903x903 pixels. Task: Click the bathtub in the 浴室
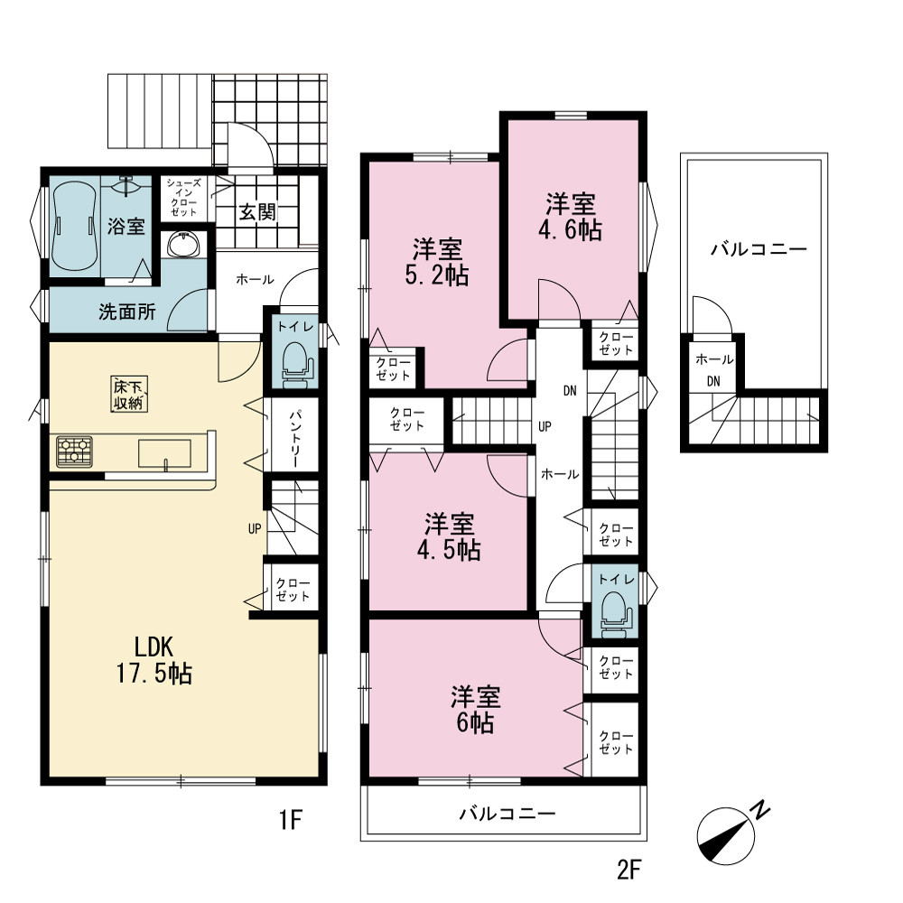(x=74, y=226)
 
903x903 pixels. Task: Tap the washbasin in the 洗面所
(x=183, y=244)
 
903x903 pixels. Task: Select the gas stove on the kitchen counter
(x=74, y=451)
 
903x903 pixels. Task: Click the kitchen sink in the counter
(x=164, y=454)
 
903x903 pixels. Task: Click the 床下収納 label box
(x=128, y=394)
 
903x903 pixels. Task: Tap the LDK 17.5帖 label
(x=154, y=660)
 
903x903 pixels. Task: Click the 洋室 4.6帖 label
(x=570, y=217)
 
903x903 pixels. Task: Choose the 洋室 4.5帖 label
(x=449, y=536)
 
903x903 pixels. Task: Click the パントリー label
(x=295, y=439)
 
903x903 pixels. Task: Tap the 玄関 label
(x=257, y=212)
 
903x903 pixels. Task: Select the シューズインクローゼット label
(x=183, y=198)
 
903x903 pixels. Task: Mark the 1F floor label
(x=291, y=820)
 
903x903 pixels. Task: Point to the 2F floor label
(x=628, y=870)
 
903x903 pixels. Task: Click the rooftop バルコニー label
(x=759, y=249)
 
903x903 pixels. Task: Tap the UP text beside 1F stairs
(x=255, y=528)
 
